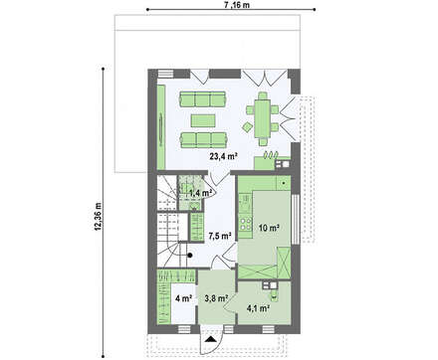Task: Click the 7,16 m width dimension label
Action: tap(237, 4)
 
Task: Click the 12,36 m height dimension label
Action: tap(99, 216)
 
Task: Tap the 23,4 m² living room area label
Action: tap(223, 156)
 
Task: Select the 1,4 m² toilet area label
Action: tap(200, 193)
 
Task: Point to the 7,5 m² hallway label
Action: tap(220, 236)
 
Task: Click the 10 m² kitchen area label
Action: tap(269, 228)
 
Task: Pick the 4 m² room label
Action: tap(183, 298)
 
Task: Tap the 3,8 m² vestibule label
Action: tap(216, 298)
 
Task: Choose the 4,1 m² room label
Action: tap(258, 308)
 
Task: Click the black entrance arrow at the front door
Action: tap(210, 339)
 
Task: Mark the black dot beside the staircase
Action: tap(190, 255)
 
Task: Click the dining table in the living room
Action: tap(262, 118)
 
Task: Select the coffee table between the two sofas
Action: tap(203, 120)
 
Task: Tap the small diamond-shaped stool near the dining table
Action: tap(247, 126)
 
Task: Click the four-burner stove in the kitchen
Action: tap(245, 224)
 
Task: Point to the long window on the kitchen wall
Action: tap(296, 219)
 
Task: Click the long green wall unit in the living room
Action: tap(160, 126)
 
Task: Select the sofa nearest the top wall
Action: tap(203, 99)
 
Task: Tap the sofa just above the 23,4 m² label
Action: tap(203, 139)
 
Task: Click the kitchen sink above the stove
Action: tap(245, 203)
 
